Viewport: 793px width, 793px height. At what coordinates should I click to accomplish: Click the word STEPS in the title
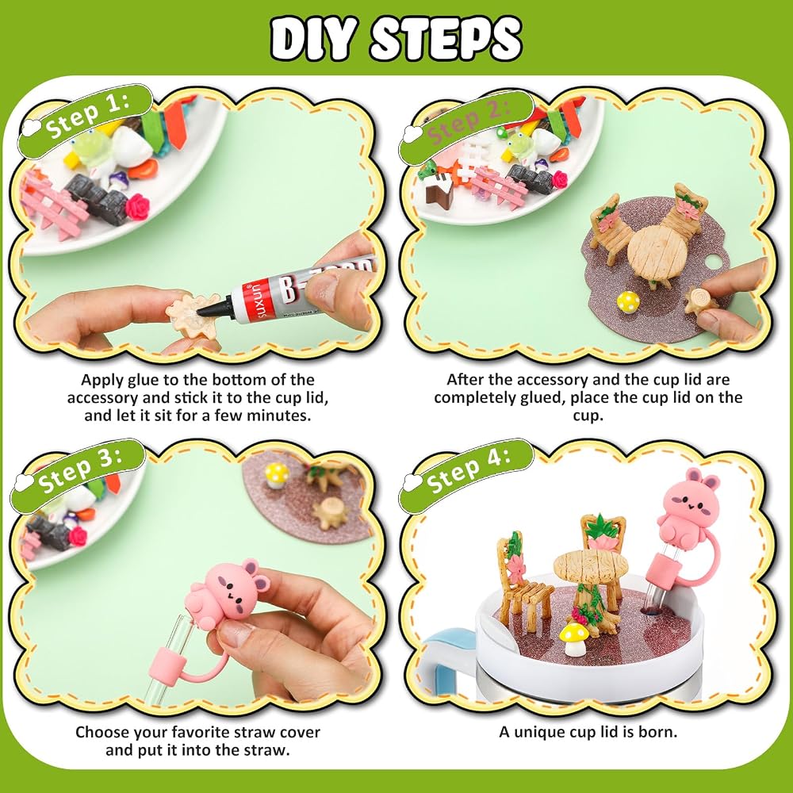click(446, 38)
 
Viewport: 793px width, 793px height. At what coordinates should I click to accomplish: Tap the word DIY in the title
click(312, 38)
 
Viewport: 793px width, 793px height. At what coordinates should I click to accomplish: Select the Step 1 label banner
click(85, 119)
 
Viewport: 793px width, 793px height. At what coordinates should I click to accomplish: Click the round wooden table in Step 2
click(657, 251)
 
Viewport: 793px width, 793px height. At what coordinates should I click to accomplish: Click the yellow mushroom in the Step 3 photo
click(277, 476)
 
